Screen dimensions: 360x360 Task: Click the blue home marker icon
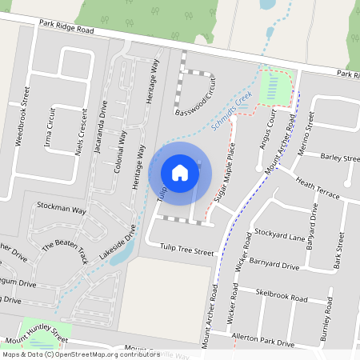pos(180,171)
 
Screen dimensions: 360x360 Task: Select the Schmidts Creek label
pos(233,110)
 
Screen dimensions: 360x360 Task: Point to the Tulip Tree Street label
pos(187,251)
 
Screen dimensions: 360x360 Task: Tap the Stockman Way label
pos(61,209)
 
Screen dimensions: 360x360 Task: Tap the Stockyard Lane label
pos(280,237)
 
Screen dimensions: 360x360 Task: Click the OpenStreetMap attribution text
pos(81,354)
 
